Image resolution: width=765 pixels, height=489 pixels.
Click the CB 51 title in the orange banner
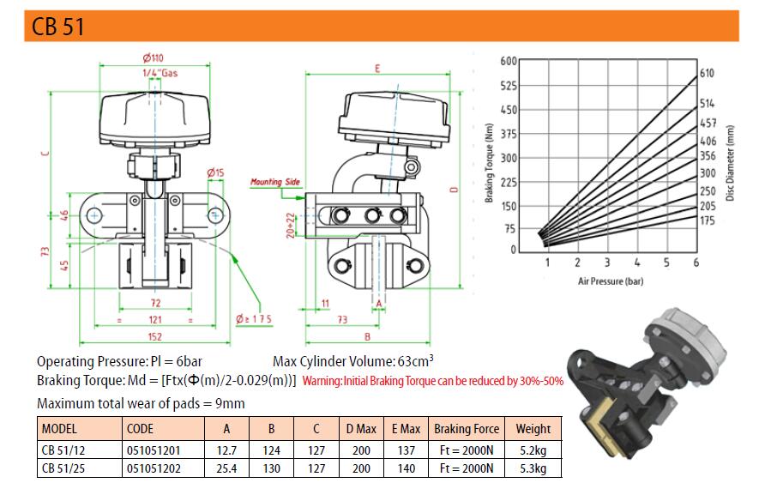[x=57, y=27]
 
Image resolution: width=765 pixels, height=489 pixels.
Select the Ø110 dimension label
[x=154, y=58]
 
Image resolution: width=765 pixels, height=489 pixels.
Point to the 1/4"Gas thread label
[x=160, y=73]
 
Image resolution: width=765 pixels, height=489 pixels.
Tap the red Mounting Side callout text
[x=275, y=182]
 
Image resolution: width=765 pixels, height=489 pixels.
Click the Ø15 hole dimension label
[x=215, y=172]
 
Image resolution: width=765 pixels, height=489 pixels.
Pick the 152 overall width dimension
[x=154, y=336]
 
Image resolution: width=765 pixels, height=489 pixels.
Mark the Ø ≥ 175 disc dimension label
[x=254, y=319]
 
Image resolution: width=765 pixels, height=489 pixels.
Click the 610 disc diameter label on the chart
[x=707, y=73]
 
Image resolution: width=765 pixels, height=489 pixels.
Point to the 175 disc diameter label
[x=707, y=220]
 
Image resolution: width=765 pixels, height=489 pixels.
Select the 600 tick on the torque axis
[x=509, y=61]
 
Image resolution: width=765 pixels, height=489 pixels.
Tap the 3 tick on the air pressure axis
[x=607, y=263]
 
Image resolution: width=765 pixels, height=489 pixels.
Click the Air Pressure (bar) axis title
[x=611, y=281]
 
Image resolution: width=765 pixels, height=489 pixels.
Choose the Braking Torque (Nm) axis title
[x=490, y=162]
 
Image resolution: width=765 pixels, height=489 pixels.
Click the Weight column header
[x=533, y=429]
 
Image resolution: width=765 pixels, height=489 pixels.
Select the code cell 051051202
[x=154, y=468]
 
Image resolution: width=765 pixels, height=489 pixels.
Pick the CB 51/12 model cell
[x=63, y=450]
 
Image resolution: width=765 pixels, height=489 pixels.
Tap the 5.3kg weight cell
[x=533, y=468]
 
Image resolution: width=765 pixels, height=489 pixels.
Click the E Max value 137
[x=407, y=450]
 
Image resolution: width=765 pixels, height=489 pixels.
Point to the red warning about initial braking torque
[x=433, y=381]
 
